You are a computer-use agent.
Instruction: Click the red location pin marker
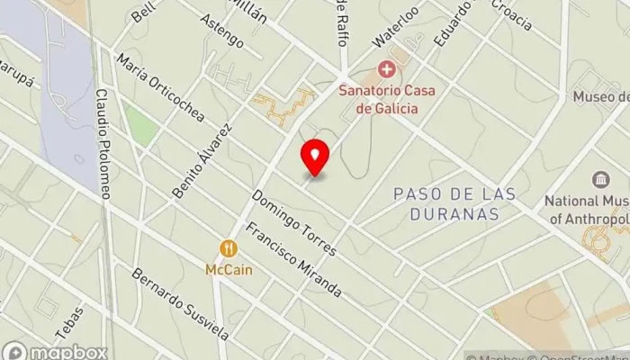315,157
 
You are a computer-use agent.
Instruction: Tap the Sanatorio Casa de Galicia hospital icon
388,68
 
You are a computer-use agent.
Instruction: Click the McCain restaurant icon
229,248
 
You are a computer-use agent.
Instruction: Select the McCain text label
229,268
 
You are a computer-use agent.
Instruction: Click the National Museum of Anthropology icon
598,179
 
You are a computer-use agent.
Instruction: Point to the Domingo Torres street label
294,222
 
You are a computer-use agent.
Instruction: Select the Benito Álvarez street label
202,158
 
